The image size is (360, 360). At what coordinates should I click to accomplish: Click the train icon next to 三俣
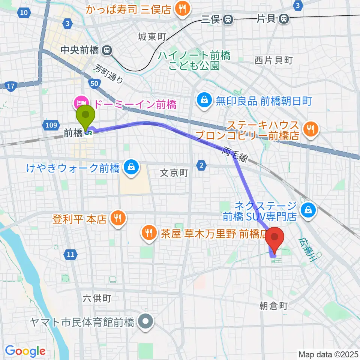click(x=228, y=19)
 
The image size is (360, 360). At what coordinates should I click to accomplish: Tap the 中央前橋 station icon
click(x=107, y=49)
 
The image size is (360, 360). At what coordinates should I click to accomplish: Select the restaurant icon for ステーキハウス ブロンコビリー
click(x=311, y=130)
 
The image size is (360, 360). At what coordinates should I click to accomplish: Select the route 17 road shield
click(x=11, y=86)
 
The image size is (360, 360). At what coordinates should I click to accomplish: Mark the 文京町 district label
click(x=174, y=173)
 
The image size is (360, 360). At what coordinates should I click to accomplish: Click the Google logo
click(x=25, y=351)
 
